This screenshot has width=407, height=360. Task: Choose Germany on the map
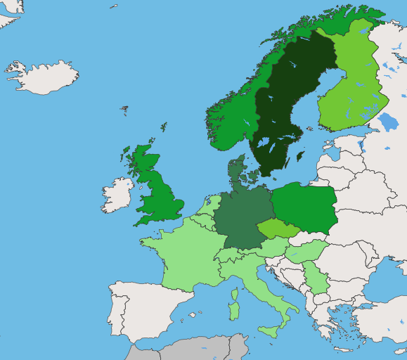point(243,218)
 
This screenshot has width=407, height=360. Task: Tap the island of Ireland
point(117,195)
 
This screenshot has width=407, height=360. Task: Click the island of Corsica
point(234,292)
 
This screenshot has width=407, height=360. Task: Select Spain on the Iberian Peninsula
point(151,309)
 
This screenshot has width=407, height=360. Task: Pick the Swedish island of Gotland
point(301,156)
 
